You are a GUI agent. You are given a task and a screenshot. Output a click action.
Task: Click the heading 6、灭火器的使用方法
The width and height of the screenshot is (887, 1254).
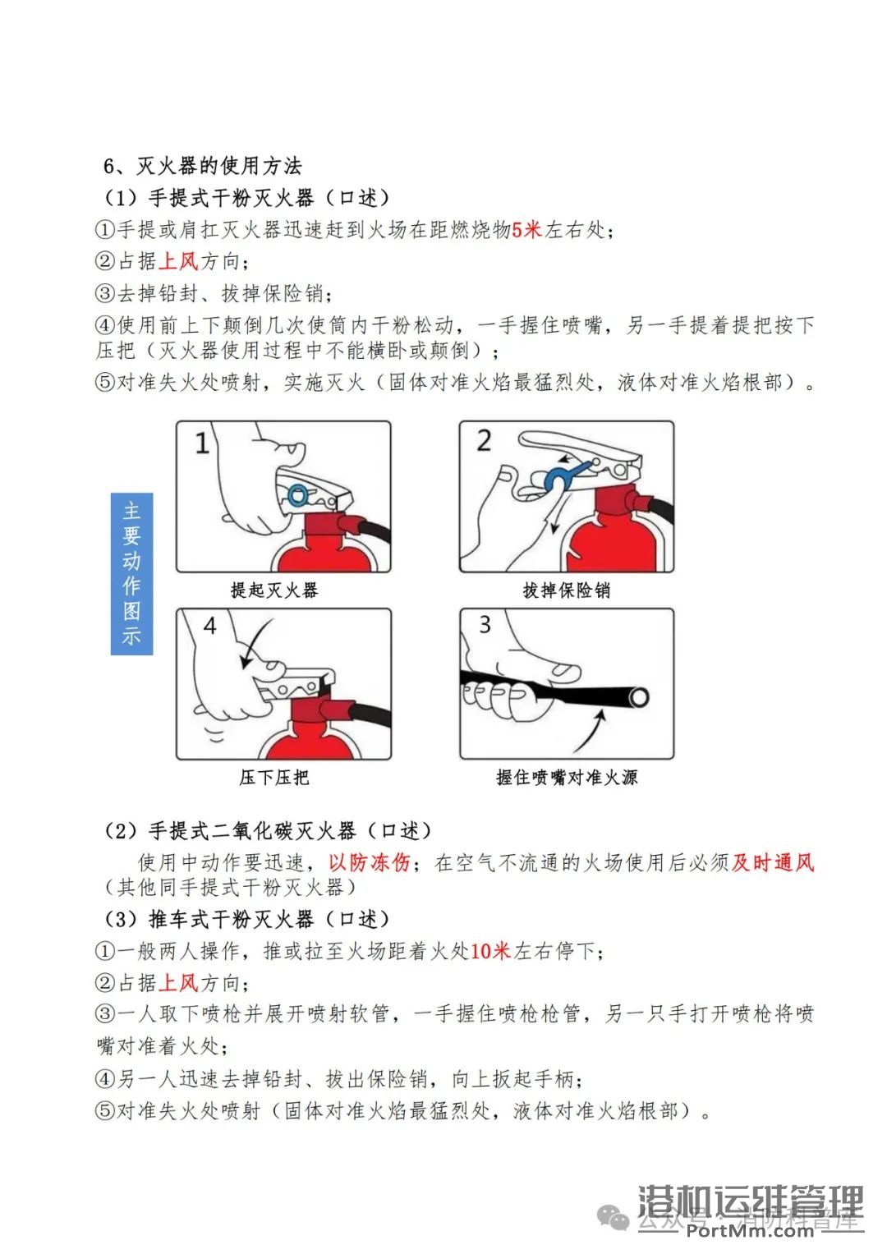click(202, 166)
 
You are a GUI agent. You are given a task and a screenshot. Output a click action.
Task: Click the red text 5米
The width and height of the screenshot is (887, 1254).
click(526, 230)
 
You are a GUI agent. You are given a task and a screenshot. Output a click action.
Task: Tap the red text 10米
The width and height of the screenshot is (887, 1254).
click(490, 951)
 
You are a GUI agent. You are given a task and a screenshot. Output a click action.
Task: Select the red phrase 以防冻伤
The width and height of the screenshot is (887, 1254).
click(369, 862)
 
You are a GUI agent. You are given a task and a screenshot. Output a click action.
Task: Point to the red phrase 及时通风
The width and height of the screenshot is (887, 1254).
click(773, 862)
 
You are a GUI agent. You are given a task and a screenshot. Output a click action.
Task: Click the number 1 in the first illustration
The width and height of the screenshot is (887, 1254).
click(201, 444)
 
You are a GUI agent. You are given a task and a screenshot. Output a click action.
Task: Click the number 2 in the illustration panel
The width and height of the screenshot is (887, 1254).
click(484, 441)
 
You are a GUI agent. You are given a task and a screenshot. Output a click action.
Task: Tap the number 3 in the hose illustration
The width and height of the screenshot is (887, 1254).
click(485, 625)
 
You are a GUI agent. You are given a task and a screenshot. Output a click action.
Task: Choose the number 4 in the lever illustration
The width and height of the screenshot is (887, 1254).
click(209, 627)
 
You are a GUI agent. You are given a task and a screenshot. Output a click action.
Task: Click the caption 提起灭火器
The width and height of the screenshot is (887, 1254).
click(274, 590)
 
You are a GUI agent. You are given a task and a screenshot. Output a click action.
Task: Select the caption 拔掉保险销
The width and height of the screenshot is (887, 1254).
click(566, 590)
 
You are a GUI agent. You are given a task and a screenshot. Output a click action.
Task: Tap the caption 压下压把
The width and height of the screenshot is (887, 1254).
click(274, 777)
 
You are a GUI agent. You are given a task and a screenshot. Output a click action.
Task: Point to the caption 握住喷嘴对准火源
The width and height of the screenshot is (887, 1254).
click(567, 777)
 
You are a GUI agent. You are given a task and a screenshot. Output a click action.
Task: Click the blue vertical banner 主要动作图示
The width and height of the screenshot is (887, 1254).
click(131, 573)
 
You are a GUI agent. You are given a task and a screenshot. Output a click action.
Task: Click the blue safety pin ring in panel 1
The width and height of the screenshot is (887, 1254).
click(297, 494)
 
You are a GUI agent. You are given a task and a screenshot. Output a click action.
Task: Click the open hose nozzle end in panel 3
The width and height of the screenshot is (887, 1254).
click(638, 698)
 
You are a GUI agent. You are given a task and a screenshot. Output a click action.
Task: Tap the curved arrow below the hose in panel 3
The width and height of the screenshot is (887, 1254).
click(591, 731)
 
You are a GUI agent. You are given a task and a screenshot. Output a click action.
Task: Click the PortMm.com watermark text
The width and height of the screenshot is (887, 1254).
click(749, 1229)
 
